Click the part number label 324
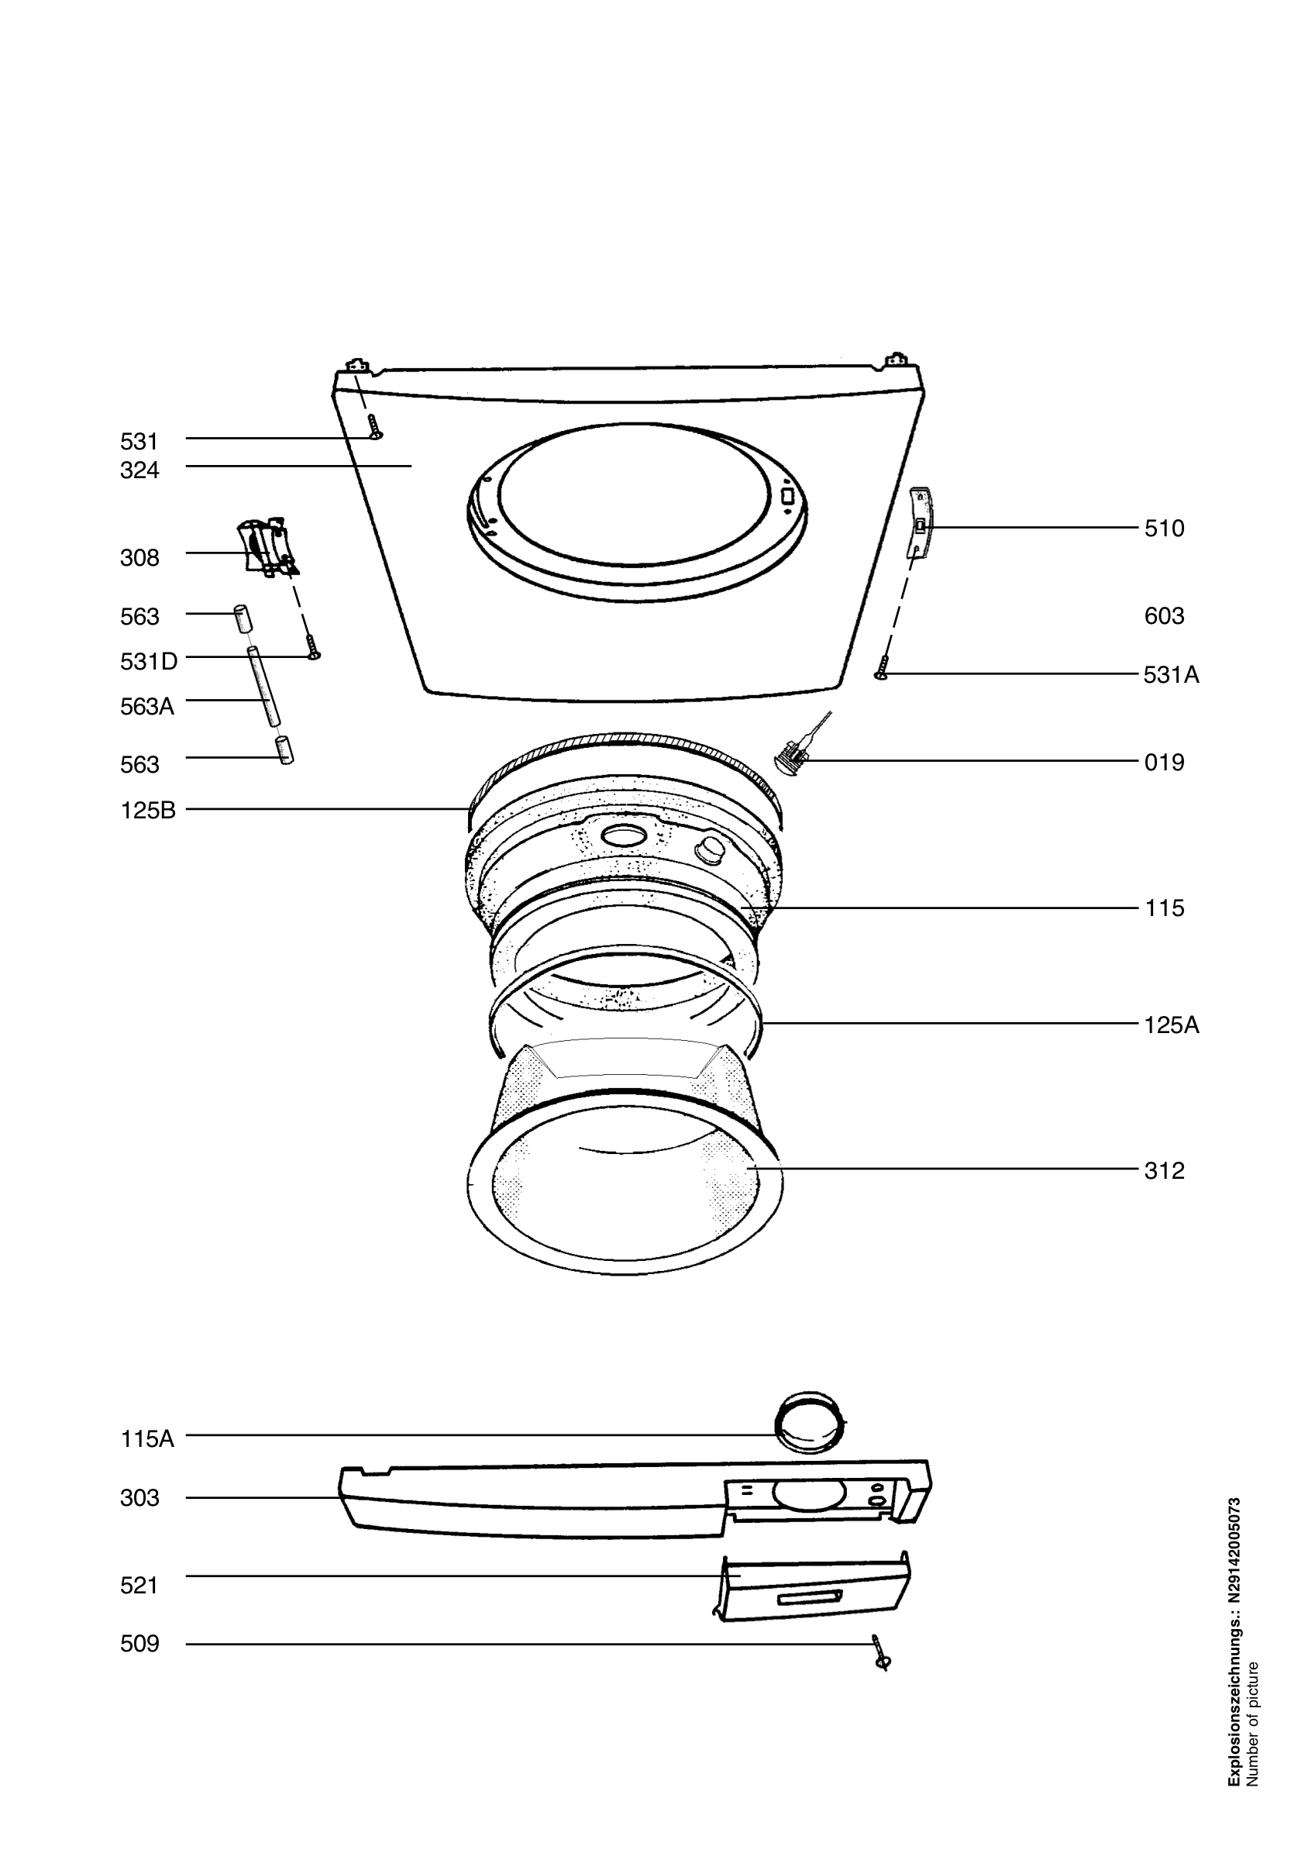139,470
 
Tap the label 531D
148,662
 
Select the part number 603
1165,616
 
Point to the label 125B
148,810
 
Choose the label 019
1165,763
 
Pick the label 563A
147,708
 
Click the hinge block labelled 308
264,547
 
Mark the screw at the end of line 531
374,427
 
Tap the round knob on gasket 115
710,849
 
